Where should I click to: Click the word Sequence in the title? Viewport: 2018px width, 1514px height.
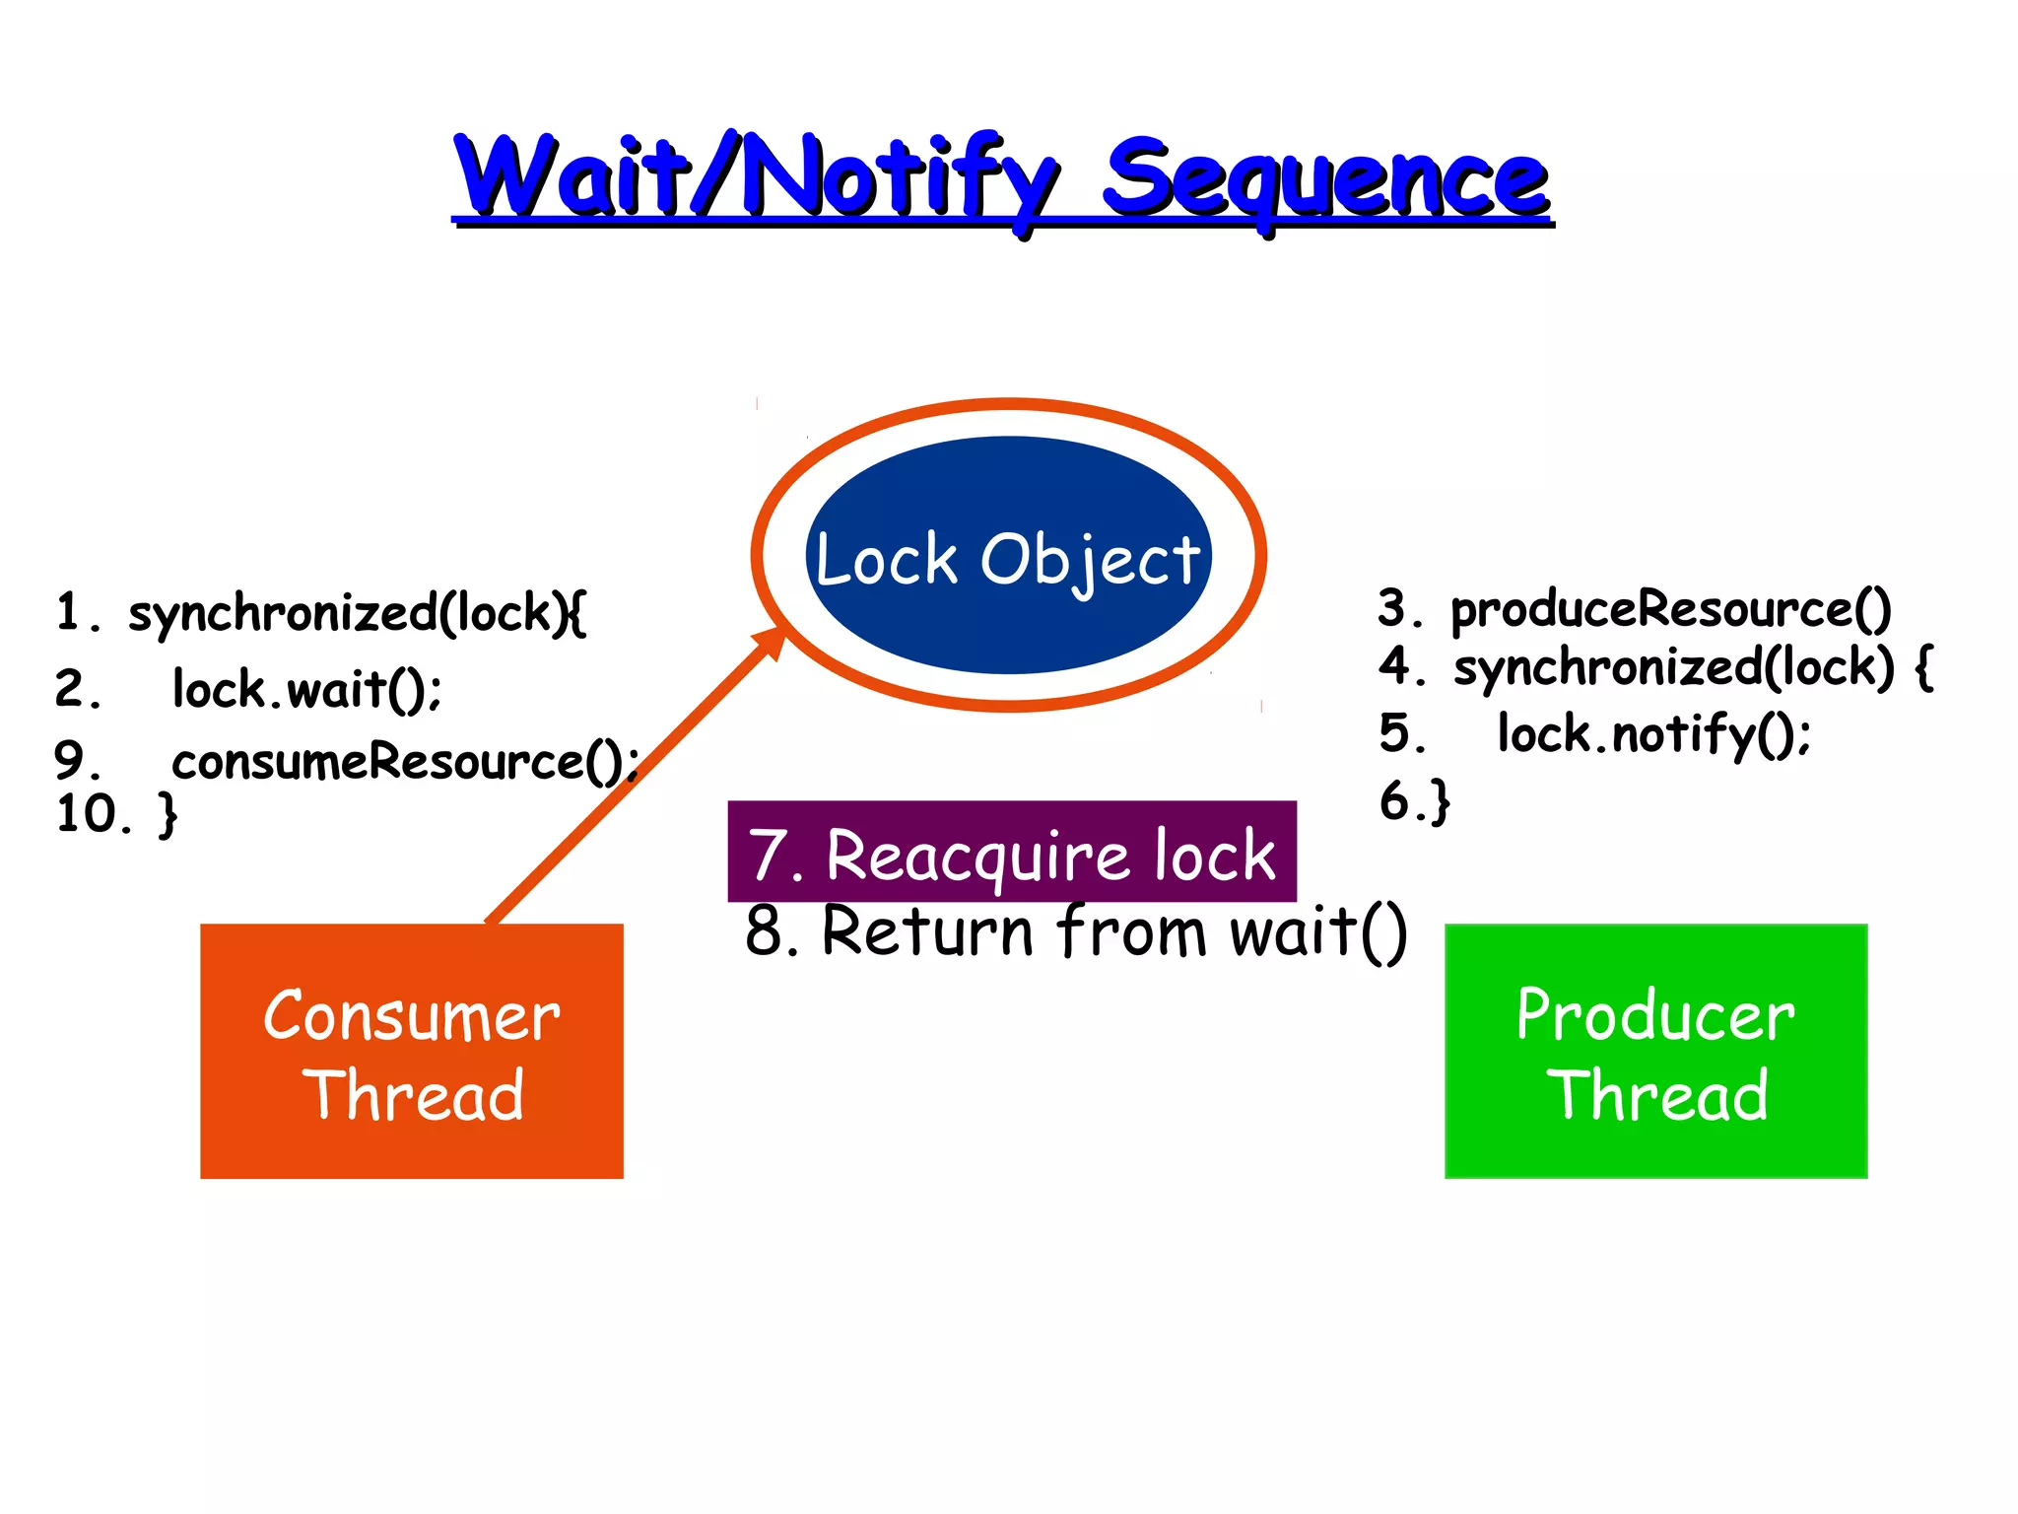pyautogui.click(x=1325, y=179)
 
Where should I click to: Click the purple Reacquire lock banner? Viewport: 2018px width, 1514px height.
pyautogui.click(x=1011, y=853)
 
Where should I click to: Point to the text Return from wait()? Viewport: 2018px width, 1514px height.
pyautogui.click(x=1113, y=931)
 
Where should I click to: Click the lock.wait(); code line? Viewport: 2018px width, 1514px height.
pyautogui.click(x=306, y=689)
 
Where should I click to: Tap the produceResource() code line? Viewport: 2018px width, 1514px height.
pyautogui.click(x=1670, y=609)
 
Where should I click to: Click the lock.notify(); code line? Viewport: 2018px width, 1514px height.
pyautogui.click(x=1653, y=734)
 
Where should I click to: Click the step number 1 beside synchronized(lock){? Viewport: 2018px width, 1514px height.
pyautogui.click(x=67, y=612)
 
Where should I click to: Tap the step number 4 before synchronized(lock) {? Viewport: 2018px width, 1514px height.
pyautogui.click(x=1396, y=665)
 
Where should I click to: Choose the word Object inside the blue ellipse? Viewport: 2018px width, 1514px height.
pyautogui.click(x=1090, y=560)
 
